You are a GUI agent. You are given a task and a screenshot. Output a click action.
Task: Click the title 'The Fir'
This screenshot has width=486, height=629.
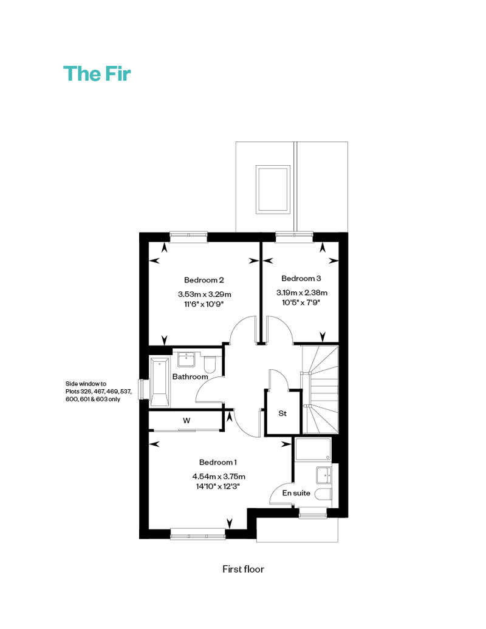[97, 74]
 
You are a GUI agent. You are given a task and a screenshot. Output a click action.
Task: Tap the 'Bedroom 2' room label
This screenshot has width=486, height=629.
[204, 280]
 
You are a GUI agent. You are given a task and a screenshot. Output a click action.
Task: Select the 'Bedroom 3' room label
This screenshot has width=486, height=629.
[301, 279]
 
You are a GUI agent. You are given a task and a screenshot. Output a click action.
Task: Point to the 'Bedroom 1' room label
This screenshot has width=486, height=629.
[218, 462]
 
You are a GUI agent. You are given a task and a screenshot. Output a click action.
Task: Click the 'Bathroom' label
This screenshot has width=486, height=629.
[190, 376]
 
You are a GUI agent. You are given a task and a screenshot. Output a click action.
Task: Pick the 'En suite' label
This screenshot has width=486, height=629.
[296, 493]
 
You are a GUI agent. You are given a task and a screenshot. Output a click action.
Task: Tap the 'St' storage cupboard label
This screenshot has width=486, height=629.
[282, 413]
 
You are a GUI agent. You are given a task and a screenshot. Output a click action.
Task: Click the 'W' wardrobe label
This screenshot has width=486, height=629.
[187, 421]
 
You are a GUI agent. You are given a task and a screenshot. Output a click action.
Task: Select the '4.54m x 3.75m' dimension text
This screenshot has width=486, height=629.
[219, 477]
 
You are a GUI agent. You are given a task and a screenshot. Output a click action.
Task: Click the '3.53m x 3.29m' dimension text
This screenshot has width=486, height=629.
[205, 294]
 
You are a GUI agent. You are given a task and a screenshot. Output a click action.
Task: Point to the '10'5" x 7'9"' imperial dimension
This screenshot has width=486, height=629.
[301, 302]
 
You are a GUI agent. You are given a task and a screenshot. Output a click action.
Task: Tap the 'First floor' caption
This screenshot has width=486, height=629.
[243, 569]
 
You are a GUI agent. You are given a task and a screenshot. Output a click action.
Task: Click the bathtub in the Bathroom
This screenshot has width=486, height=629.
[160, 382]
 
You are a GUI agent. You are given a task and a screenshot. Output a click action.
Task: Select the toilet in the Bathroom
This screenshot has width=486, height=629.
[210, 364]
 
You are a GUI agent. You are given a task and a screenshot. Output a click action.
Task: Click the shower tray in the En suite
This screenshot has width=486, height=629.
[313, 449]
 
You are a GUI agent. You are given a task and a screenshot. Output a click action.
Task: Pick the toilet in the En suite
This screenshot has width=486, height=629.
[323, 494]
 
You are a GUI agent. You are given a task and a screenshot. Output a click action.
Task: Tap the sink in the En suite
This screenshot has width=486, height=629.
[324, 475]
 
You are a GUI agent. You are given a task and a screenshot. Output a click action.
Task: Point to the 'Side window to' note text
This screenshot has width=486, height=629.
[86, 384]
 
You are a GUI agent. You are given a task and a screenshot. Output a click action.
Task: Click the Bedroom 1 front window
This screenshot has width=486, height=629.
[198, 534]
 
